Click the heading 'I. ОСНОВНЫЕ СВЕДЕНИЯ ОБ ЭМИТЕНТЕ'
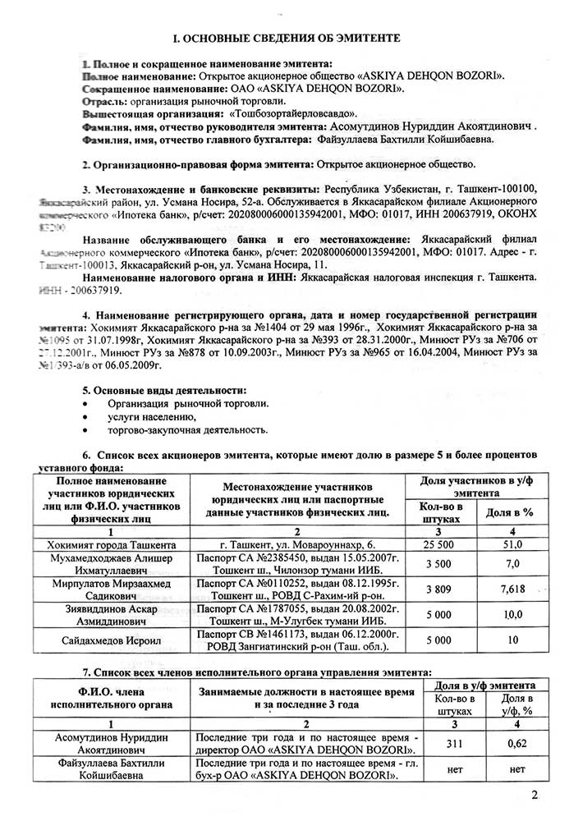[291, 39]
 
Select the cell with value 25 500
[438, 544]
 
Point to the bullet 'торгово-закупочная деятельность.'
[186, 430]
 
